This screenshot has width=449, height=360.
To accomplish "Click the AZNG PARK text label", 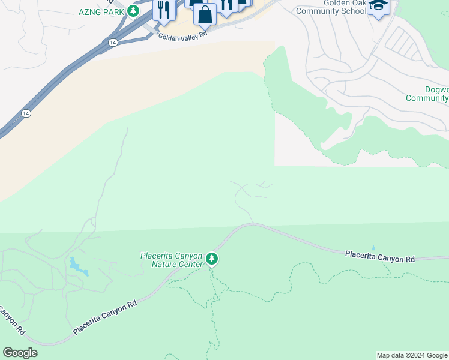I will tap(101, 12).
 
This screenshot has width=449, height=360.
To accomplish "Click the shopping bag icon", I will tap(205, 14).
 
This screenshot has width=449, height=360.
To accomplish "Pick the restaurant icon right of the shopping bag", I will tap(226, 5).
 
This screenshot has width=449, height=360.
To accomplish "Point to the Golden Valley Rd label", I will tap(182, 35).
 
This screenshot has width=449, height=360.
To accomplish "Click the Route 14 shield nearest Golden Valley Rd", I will tap(113, 43).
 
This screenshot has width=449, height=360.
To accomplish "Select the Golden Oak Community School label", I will tap(336, 7).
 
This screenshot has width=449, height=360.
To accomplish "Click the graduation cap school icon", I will tap(378, 6).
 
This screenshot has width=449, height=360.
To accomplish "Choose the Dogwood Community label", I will tap(427, 94).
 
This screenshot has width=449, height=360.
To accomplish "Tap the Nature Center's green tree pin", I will tap(212, 259).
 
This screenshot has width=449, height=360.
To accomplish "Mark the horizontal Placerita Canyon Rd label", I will tap(379, 257).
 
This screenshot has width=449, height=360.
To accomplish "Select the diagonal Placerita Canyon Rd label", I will tap(106, 317).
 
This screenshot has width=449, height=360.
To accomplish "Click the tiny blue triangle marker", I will tap(373, 247).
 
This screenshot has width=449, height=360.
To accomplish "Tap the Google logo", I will tap(20, 353).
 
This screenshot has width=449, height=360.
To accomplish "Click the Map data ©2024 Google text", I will tap(411, 355).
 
